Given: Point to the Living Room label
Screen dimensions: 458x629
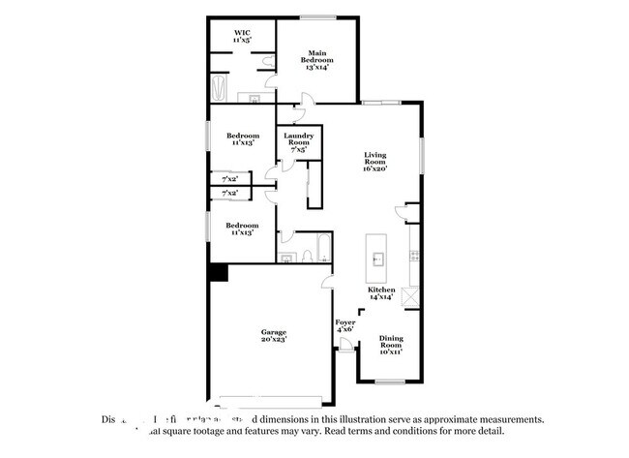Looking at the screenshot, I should pos(374,159).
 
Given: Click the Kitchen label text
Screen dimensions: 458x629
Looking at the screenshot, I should pos(380,290).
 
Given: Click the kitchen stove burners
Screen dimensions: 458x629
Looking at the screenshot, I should pos(413,256).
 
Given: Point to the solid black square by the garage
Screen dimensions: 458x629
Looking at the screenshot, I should pos(219,273).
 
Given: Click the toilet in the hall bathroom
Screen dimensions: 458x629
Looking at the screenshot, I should pos(306,257).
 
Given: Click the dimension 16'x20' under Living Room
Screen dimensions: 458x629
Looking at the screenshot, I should pos(374,170).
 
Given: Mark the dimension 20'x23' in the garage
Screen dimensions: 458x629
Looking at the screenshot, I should pos(273,341).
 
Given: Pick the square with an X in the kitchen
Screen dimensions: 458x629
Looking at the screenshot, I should pos(410,296).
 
